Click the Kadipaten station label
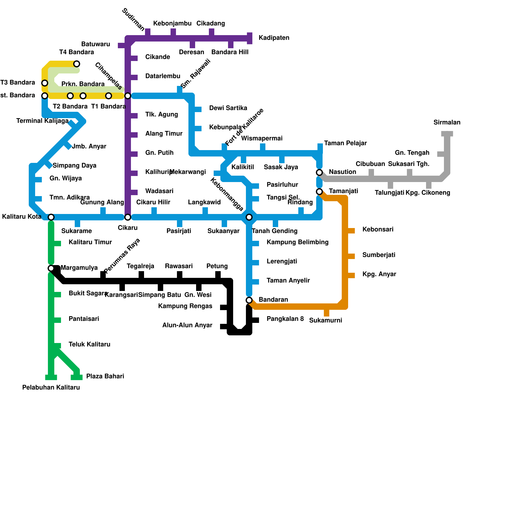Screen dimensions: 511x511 pos(274,38)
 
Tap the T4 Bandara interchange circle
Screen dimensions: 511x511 pos(77,64)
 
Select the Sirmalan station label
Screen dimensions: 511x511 pos(447,122)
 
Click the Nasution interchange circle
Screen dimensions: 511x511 pos(319,172)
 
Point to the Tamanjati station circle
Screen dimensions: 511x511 pos(319,192)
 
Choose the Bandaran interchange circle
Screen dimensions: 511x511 pos(249,300)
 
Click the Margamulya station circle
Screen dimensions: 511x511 pos(51,268)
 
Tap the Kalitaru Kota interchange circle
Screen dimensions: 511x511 pos(51,217)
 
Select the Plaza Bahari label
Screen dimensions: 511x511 pos(105,376)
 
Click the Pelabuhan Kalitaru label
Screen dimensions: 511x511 pos(51,387)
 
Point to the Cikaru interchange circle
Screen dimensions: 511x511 pos(128,217)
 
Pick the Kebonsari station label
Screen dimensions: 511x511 pos(378,229)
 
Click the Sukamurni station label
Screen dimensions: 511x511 pos(325,320)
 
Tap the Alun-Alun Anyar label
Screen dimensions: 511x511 pos(187,325)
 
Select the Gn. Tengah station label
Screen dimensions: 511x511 pos(412,153)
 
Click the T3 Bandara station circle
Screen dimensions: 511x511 pos(45,83)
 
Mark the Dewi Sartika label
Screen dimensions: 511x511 pos(228,108)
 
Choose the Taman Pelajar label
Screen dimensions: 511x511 pos(345,143)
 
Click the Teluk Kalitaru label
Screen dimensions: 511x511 pos(89,344)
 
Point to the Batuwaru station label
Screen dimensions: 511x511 pos(95,44)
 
